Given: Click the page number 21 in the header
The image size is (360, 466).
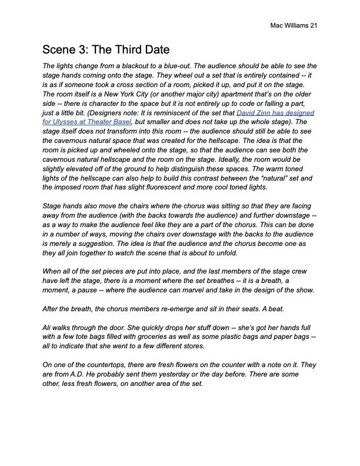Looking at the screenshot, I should (x=314, y=26).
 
